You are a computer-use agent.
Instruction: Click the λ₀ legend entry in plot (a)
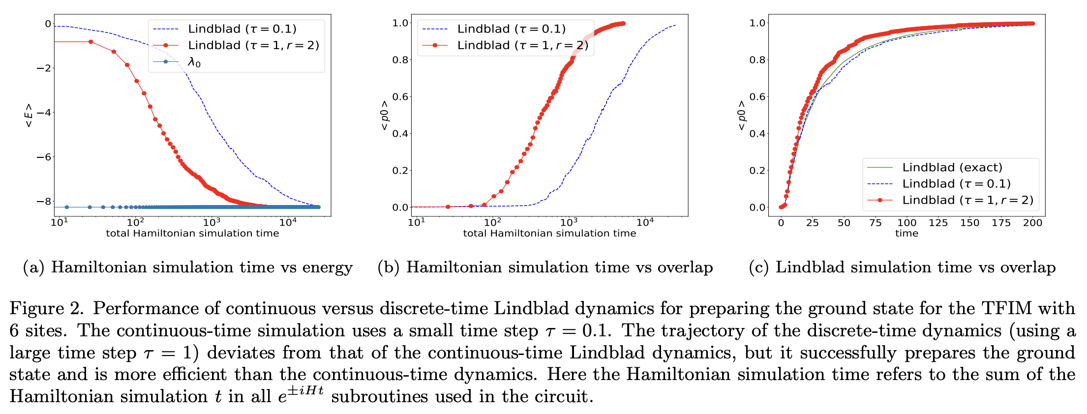pos(194,62)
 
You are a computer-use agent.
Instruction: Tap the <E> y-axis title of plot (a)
pos(29,115)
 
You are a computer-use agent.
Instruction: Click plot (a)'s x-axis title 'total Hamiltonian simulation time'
pos(192,234)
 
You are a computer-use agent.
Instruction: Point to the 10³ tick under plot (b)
pos(569,222)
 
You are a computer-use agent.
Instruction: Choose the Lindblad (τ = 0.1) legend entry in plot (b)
pos(511,29)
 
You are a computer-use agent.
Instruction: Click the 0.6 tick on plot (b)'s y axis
pos(400,96)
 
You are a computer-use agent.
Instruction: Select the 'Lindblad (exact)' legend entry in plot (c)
pos(952,168)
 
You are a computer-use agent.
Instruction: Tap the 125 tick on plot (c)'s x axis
pos(938,223)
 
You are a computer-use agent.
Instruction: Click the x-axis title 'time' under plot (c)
pos(906,234)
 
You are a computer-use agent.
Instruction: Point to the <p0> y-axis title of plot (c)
pos(741,115)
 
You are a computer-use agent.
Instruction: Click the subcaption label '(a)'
pos(33,267)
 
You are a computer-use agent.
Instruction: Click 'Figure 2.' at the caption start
pos(47,309)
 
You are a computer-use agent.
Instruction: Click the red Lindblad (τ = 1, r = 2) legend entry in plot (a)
pos(253,46)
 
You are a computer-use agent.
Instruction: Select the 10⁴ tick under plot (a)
pos(288,222)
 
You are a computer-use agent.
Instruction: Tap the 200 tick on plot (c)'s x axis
pos(1032,223)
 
